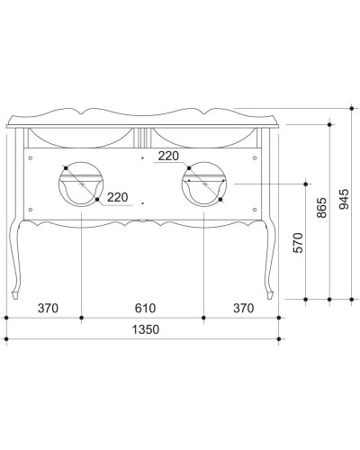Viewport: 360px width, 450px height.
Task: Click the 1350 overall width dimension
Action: tap(144, 330)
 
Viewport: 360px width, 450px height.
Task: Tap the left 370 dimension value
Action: tap(48, 309)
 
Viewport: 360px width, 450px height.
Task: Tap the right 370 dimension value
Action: tap(241, 309)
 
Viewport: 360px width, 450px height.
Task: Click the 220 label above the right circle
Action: tap(167, 156)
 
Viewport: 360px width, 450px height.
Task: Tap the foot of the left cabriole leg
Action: tap(19, 295)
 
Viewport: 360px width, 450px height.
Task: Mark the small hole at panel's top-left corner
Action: tap(31, 158)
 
